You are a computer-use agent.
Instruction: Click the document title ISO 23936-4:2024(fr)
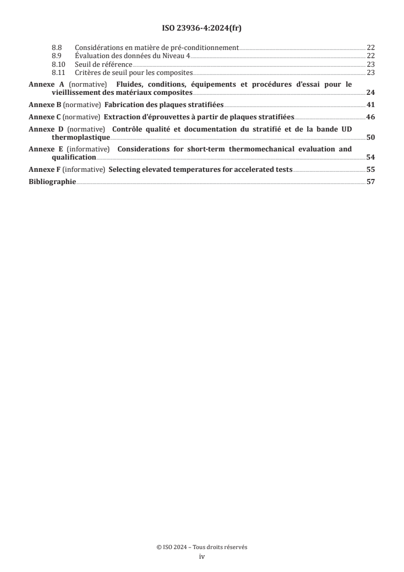[202, 29]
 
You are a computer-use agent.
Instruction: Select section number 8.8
[57, 48]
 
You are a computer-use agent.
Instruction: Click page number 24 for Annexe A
[370, 93]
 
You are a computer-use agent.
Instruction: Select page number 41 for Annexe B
[370, 105]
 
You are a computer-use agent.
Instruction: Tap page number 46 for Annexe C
[370, 117]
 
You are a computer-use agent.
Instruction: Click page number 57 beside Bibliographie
[370, 181]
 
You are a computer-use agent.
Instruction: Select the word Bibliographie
[52, 181]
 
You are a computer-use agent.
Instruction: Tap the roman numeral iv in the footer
[202, 557]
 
